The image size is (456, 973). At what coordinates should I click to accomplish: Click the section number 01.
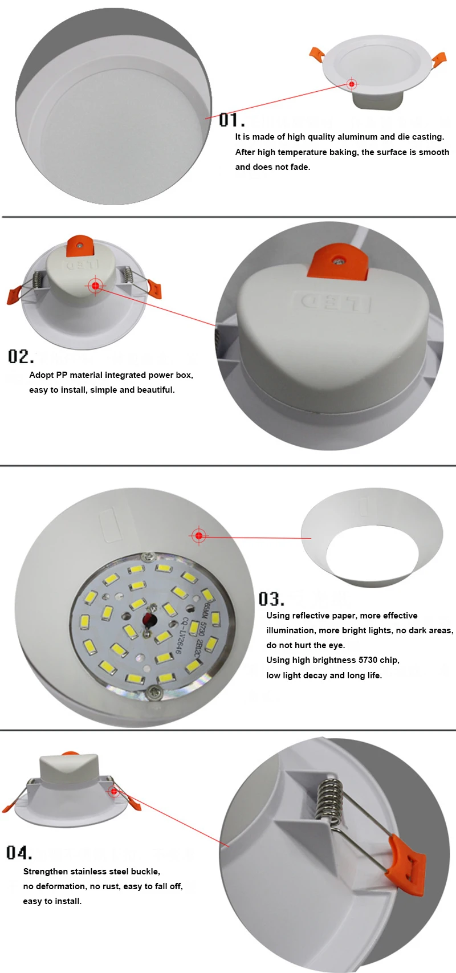(231, 120)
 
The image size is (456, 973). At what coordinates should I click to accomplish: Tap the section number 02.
(21, 357)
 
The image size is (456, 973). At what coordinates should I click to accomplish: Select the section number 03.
(271, 599)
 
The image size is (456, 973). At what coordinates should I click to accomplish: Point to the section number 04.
(19, 852)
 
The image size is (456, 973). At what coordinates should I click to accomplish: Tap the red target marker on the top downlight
(352, 83)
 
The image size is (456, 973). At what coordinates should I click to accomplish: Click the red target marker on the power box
(96, 286)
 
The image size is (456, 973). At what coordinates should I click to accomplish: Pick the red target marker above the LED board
(199, 536)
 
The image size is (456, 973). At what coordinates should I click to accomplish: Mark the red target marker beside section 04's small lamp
(114, 791)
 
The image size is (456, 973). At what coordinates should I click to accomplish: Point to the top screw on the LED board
(149, 556)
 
